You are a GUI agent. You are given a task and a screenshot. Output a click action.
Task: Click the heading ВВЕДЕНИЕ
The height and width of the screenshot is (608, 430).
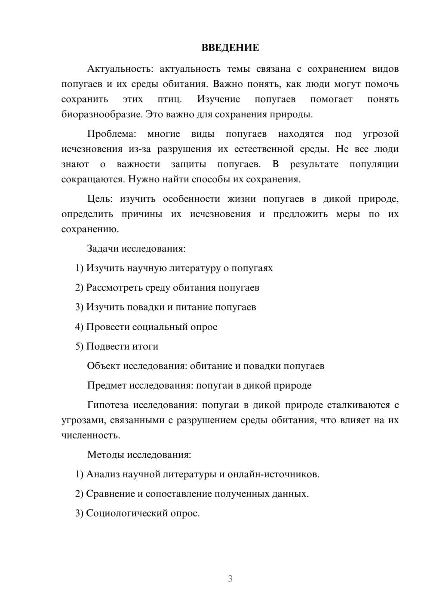(230, 48)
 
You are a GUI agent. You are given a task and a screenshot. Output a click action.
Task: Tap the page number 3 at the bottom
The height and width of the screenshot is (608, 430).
(230, 579)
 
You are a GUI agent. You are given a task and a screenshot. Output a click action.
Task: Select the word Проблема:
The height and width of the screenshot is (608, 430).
(111, 134)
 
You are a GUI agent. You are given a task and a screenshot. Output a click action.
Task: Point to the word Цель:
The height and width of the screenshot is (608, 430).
(100, 199)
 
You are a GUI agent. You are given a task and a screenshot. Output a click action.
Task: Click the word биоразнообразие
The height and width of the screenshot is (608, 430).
(101, 114)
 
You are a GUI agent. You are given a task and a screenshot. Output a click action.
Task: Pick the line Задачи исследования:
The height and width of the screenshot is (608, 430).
(136, 249)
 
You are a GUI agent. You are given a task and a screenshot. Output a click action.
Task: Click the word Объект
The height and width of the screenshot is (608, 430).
(104, 366)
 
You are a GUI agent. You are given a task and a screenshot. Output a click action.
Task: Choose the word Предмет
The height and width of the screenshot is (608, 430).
(107, 385)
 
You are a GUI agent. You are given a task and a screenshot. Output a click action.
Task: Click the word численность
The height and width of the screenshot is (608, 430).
(90, 435)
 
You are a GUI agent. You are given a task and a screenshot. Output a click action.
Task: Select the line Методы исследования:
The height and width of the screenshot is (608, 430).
(139, 454)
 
